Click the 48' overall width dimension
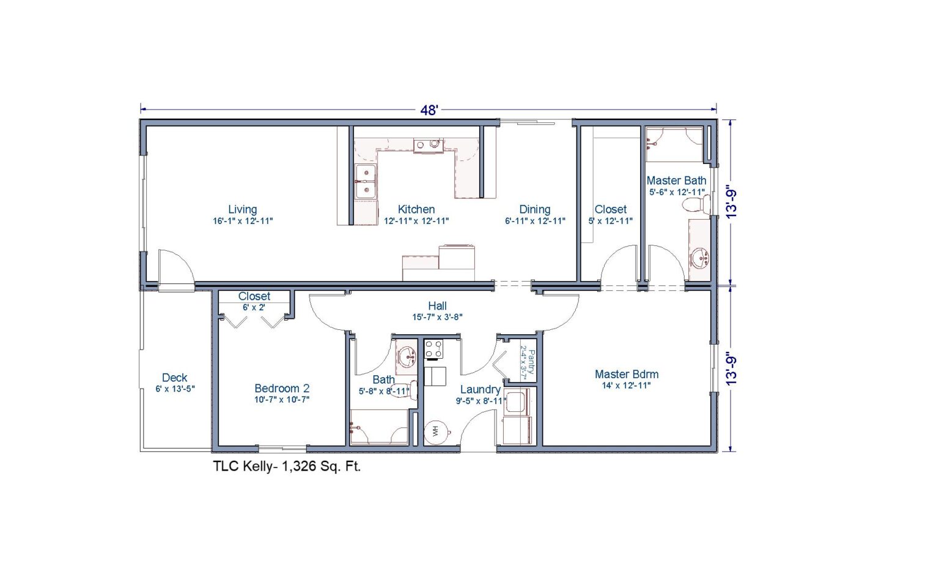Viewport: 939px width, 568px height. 429,110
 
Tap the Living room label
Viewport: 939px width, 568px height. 243,209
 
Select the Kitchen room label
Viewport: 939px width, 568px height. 416,209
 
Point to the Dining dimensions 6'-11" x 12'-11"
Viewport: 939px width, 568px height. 535,221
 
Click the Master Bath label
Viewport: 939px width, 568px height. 676,181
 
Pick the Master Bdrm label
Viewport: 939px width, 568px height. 627,374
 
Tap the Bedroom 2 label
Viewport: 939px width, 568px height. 282,388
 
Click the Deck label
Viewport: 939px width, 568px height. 175,378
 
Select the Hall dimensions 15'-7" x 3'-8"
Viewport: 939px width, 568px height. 437,317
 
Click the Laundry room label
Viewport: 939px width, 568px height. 480,389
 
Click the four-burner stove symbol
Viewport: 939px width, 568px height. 434,349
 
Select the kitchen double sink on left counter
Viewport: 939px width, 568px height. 366,182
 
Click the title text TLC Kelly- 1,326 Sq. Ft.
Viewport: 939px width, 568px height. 287,466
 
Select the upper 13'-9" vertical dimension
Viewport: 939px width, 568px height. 731,203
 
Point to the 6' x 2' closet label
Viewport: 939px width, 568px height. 254,307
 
